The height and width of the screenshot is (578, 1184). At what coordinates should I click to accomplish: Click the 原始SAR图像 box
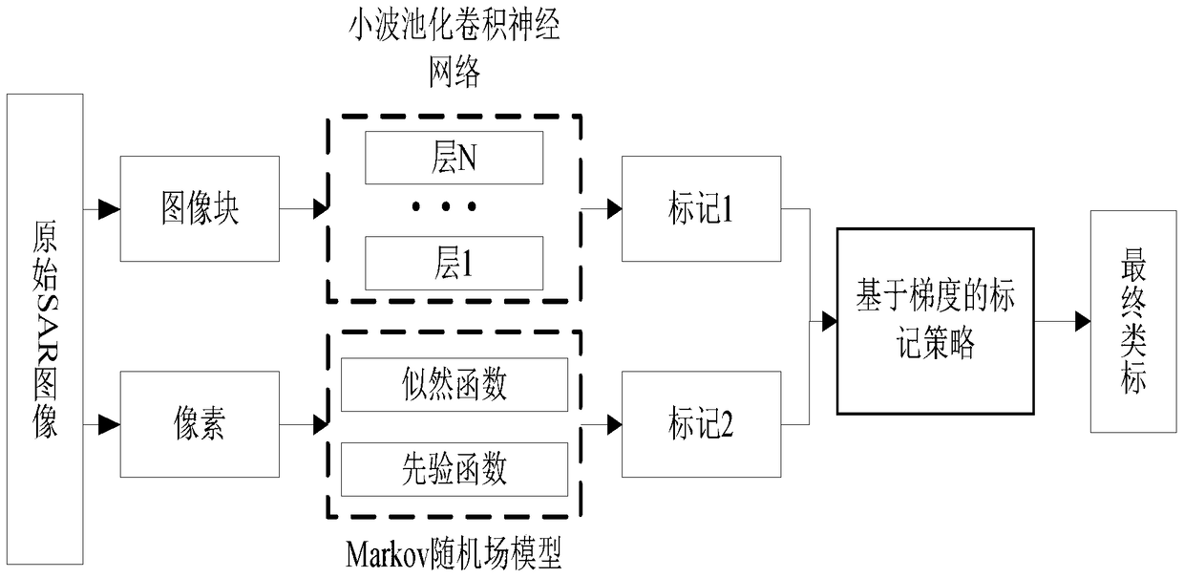point(45,330)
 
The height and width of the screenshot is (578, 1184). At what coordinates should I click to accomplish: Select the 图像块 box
point(199,208)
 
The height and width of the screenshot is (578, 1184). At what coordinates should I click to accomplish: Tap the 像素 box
point(199,423)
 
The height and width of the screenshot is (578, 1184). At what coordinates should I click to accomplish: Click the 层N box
point(454,158)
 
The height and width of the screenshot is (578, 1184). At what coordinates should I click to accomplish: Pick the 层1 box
point(454,263)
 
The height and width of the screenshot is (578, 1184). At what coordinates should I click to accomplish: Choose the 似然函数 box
point(454,384)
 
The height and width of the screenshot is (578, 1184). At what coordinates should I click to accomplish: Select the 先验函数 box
point(454,470)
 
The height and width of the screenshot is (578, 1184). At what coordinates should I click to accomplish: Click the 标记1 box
point(701,209)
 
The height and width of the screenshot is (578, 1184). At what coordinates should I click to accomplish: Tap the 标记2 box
point(701,425)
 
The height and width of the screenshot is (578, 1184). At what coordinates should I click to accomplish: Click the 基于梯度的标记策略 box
point(935,320)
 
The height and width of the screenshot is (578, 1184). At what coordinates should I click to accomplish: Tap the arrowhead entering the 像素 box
point(113,422)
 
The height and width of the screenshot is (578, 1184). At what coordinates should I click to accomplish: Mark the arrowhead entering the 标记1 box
point(612,208)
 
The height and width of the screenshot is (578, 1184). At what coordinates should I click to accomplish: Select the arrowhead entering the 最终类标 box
point(1082,321)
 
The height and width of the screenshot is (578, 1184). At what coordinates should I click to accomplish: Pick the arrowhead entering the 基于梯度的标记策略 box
point(829,321)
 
